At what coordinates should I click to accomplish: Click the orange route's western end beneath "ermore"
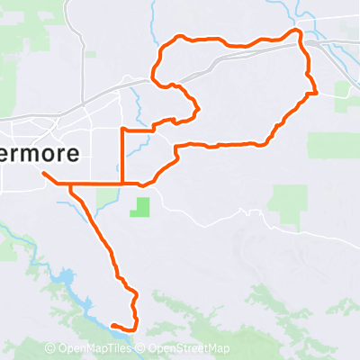pos(43,172)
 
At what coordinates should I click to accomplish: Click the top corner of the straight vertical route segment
pos(121,130)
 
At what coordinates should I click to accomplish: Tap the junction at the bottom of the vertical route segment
pos(121,184)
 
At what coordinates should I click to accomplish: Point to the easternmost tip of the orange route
pos(317,92)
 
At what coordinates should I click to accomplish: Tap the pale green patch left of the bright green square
pos(107,196)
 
